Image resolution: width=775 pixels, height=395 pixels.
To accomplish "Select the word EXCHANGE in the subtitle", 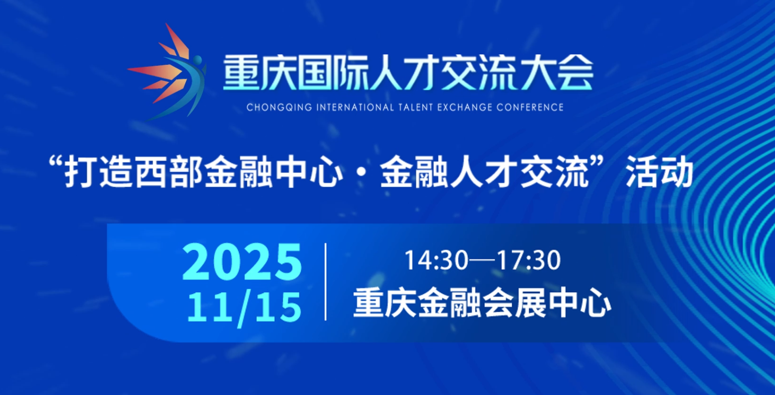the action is click(465, 108).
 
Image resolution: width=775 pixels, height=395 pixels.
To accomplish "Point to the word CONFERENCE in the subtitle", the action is click(530, 108).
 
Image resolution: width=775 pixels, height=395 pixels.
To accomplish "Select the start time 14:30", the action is click(437, 260).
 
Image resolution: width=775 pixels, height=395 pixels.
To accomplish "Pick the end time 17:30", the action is click(529, 260).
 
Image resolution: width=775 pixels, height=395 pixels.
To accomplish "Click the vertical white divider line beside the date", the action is click(326, 282).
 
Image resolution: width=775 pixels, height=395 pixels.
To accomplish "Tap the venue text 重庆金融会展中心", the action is click(482, 304).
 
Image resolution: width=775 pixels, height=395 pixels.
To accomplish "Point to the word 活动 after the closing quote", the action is click(659, 172).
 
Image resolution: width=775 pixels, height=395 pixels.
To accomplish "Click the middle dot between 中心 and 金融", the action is click(362, 172).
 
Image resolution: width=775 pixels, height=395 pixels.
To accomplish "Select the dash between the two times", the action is click(483, 260).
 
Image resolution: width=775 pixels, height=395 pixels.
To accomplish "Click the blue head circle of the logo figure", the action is click(197, 60).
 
